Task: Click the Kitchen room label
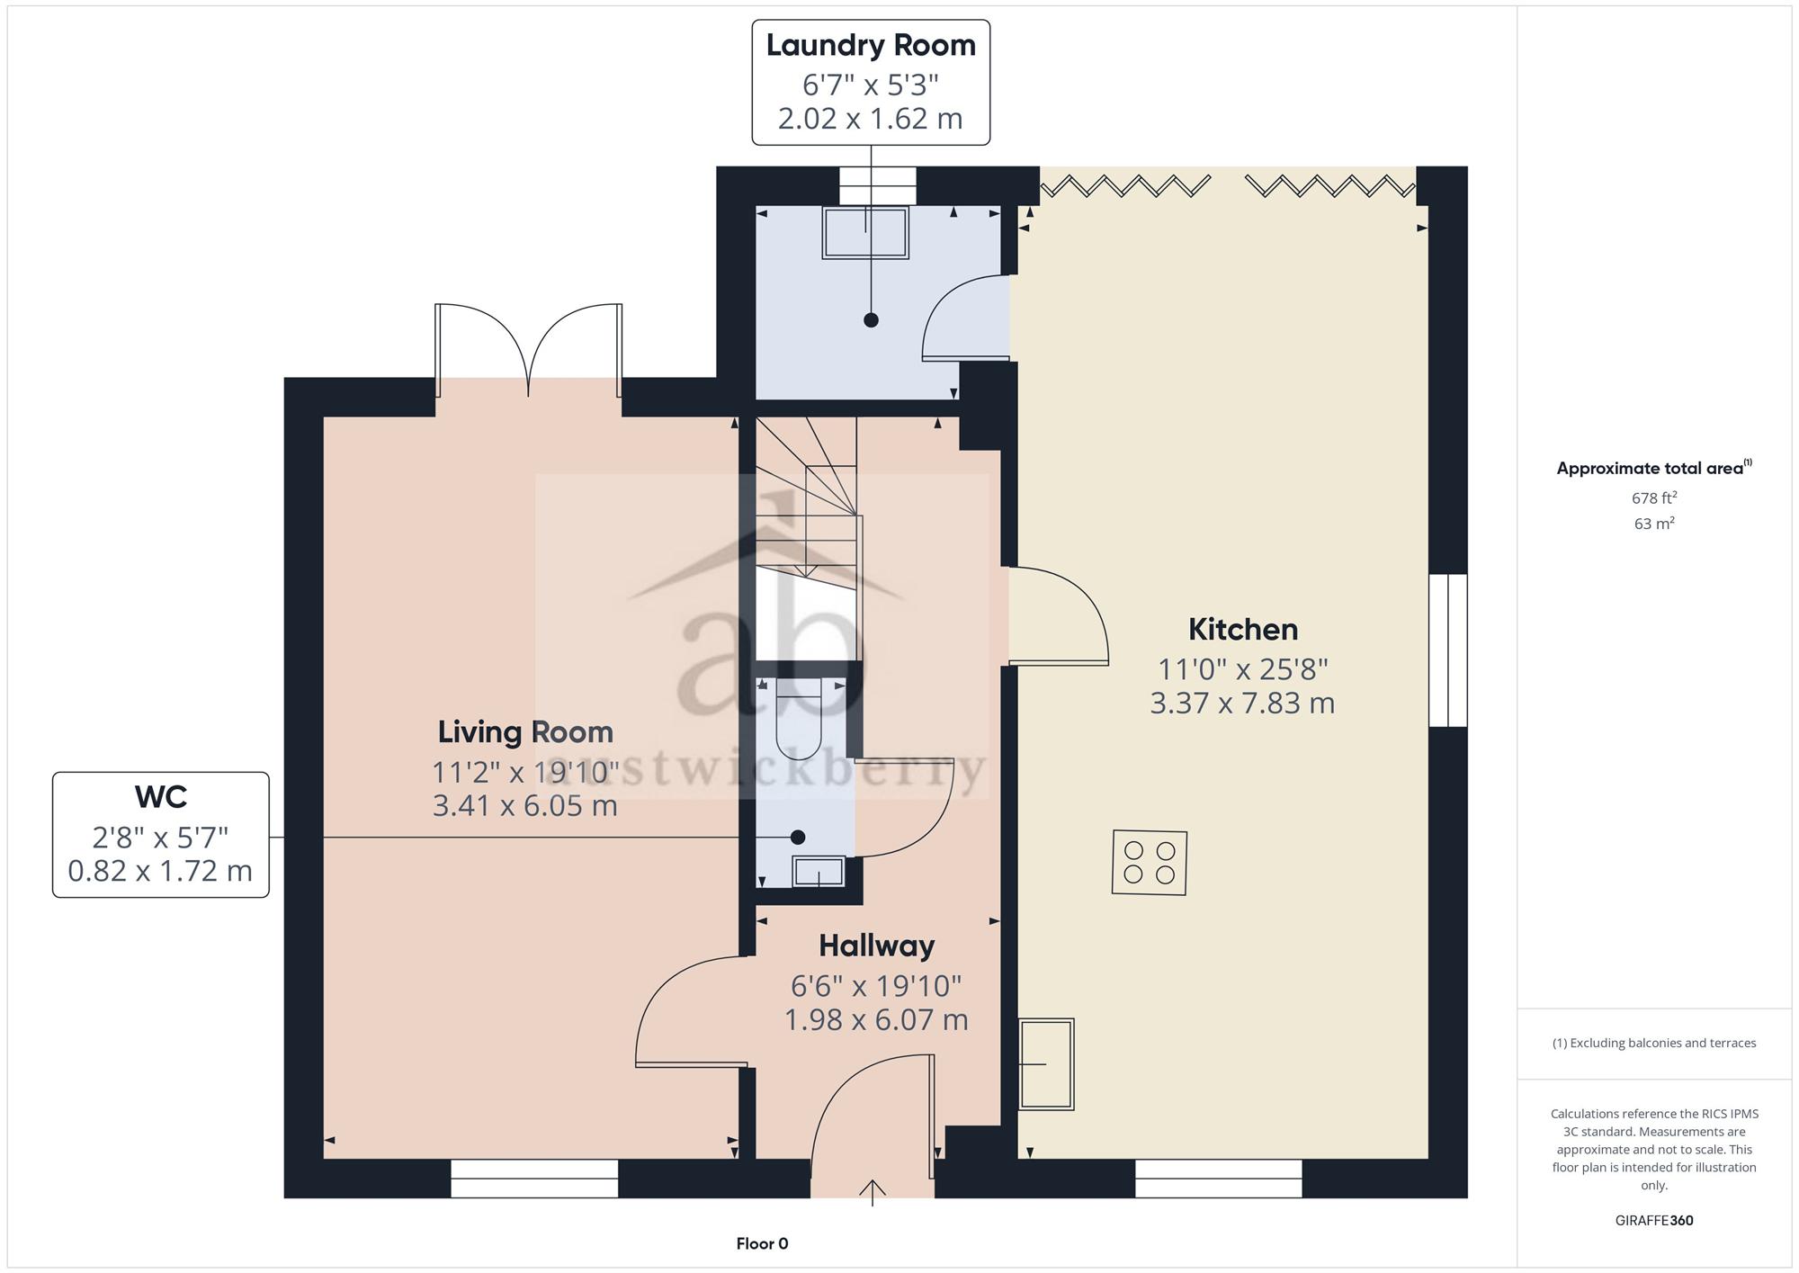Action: pos(1243,629)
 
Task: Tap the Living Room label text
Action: pos(525,732)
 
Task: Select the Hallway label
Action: pos(876,946)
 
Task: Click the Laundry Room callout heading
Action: pos(871,46)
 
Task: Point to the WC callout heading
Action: pos(161,797)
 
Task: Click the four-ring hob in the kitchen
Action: pos(1150,862)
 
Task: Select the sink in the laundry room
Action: pos(865,233)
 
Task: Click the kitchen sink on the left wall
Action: pos(1046,1064)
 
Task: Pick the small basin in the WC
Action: pos(818,872)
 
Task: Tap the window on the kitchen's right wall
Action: pos(1448,650)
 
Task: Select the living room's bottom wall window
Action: pos(534,1179)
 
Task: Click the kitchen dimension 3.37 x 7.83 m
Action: pos(1242,704)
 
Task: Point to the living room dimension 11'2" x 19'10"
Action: pos(525,772)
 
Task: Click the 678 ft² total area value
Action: pos(1654,498)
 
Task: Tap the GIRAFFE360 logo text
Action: pos(1654,1221)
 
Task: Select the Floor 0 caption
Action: pos(762,1244)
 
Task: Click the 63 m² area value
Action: pos(1654,524)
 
